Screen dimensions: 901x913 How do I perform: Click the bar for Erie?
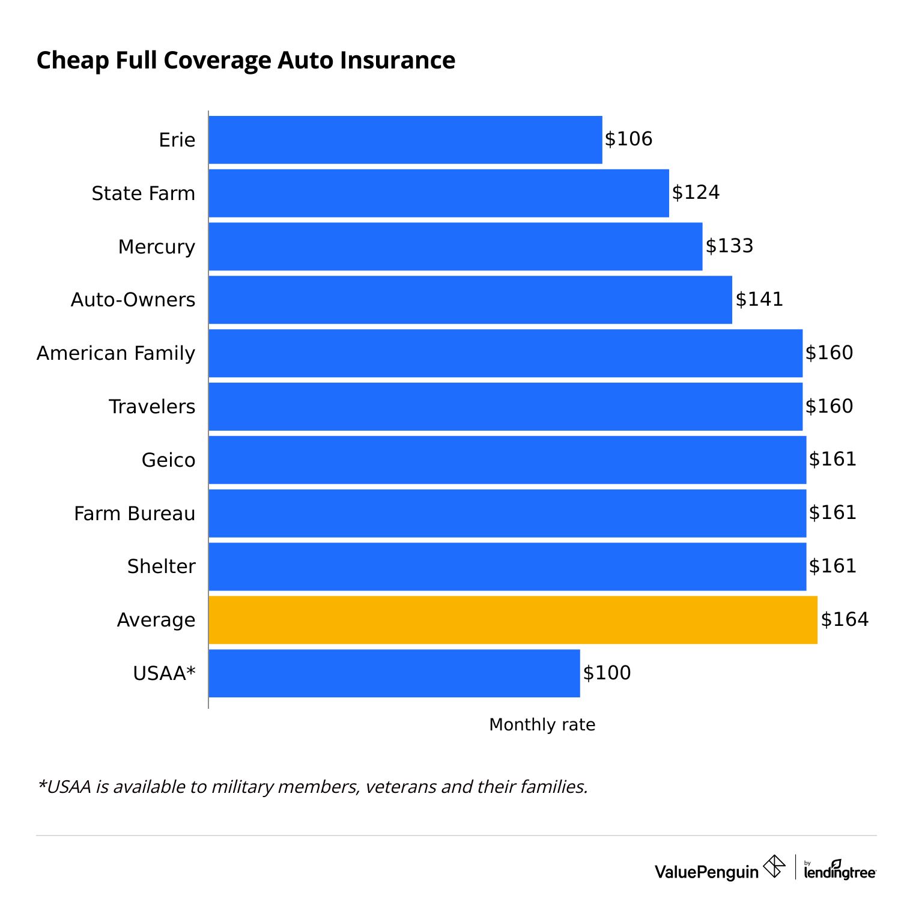(405, 139)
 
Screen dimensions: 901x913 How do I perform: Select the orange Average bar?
(513, 620)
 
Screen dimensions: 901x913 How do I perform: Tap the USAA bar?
(394, 673)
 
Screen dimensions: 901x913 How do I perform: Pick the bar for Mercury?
(455, 246)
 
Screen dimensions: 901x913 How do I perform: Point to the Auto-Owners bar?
(470, 300)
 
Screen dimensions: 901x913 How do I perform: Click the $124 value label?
(696, 193)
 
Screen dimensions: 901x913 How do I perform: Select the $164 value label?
(845, 620)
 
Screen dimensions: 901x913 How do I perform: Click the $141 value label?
(759, 300)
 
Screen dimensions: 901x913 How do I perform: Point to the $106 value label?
(628, 139)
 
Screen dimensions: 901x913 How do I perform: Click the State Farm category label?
(143, 193)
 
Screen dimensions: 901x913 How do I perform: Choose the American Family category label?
(116, 353)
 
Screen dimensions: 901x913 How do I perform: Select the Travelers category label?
(152, 407)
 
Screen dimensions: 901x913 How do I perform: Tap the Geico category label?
(168, 460)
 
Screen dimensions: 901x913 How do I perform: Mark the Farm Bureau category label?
(135, 514)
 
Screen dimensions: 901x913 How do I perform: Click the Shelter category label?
(161, 566)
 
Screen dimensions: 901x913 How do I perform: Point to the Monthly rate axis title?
(542, 725)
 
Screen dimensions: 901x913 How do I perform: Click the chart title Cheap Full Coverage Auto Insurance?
(246, 61)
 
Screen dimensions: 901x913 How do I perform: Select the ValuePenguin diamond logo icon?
(774, 867)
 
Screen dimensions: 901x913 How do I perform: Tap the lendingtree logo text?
(840, 871)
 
